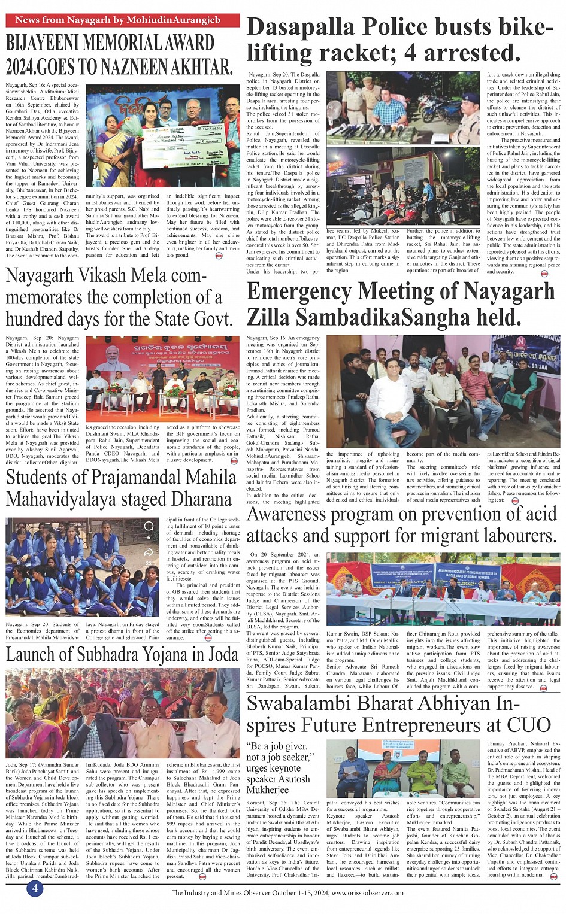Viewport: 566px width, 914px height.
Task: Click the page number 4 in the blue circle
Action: tap(34, 888)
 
